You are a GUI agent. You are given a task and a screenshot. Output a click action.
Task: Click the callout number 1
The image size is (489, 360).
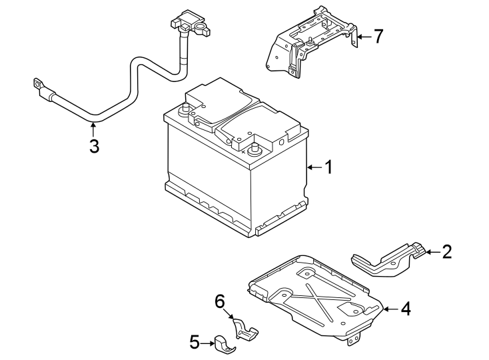tap(328, 167)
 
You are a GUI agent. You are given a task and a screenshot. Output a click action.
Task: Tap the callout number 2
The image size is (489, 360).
tap(447, 251)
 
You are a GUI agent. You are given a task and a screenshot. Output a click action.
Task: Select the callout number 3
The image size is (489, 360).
tap(94, 146)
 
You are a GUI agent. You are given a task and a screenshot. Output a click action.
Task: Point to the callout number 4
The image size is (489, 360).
tap(406, 309)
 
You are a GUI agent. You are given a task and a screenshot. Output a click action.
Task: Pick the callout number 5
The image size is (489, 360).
tap(194, 343)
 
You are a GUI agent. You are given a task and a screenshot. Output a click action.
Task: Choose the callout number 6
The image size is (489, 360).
tap(219, 302)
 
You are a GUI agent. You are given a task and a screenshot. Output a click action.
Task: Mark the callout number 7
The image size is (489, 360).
tap(378, 36)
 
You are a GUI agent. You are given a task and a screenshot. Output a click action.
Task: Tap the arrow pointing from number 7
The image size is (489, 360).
tap(360, 37)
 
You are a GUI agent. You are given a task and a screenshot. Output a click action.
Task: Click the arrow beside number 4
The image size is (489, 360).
tap(390, 309)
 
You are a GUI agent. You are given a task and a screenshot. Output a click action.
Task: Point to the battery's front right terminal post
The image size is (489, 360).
tap(254, 148)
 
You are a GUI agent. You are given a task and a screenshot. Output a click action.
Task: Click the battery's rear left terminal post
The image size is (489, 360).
tap(185, 109)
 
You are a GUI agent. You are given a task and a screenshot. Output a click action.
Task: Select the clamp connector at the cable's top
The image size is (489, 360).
tap(192, 26)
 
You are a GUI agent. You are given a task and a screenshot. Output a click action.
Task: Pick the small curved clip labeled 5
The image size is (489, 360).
tap(223, 343)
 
